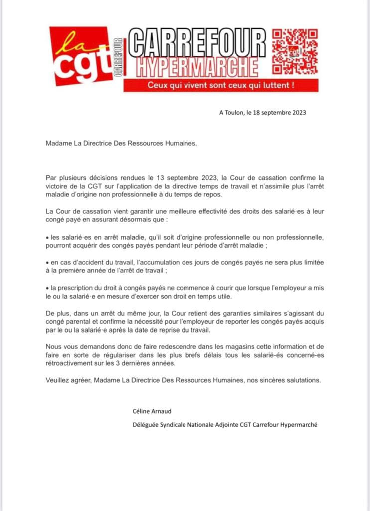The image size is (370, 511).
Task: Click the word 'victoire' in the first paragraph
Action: coord(57,186)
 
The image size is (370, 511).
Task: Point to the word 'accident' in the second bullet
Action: coord(92,262)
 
